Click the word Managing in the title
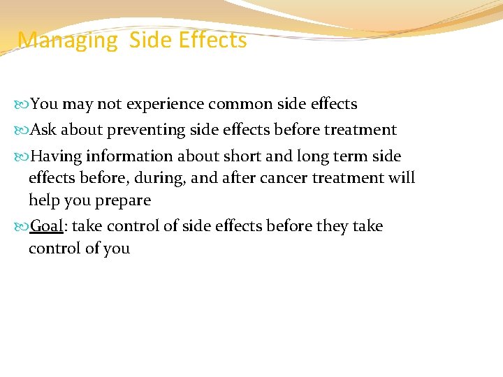click(x=68, y=40)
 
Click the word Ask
click(x=44, y=130)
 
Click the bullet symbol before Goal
click(x=24, y=226)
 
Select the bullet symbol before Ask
click(x=24, y=131)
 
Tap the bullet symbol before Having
click(x=24, y=156)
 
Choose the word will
click(x=402, y=178)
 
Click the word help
click(x=43, y=200)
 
